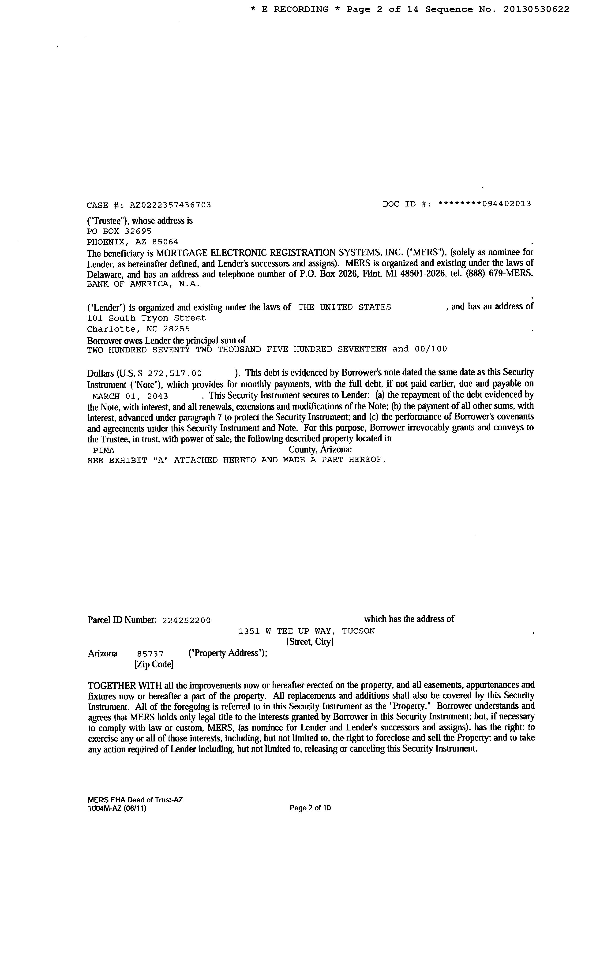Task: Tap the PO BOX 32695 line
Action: (119, 231)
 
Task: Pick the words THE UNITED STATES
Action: (345, 307)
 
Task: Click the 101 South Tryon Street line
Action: (146, 318)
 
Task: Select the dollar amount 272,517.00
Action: (175, 373)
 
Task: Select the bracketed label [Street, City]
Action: (310, 642)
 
